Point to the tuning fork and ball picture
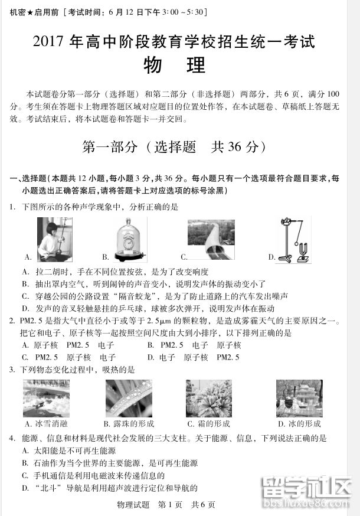(294, 240)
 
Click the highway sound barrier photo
(210, 239)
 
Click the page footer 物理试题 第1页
(158, 505)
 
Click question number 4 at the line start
(12, 439)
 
